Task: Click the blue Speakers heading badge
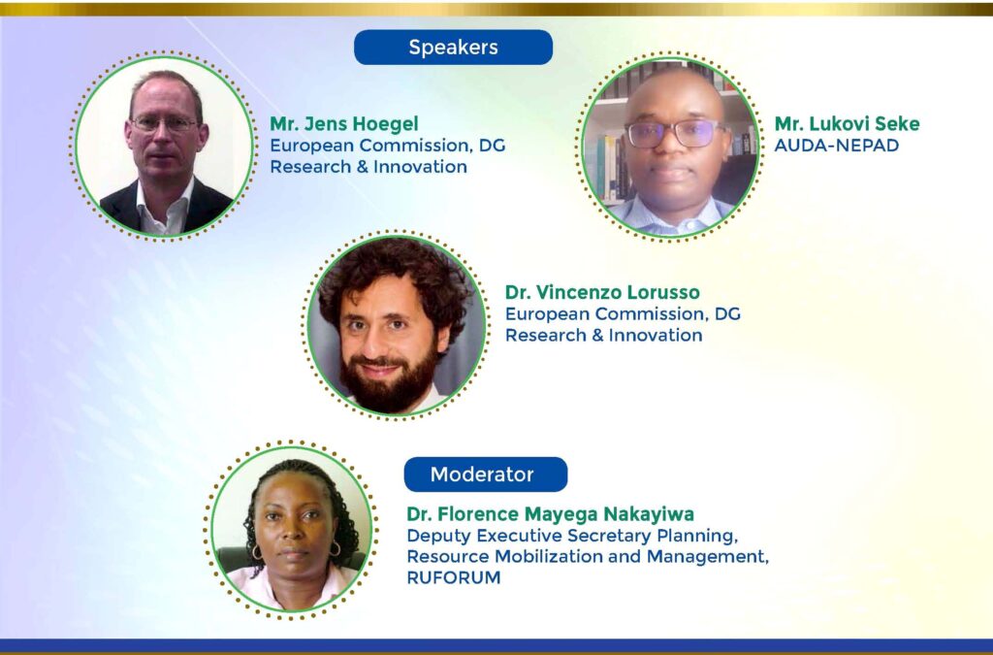(x=453, y=47)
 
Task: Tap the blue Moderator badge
(x=486, y=474)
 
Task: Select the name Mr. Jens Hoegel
(x=344, y=123)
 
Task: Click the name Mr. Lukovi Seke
(x=847, y=123)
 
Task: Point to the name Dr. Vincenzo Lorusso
(x=602, y=292)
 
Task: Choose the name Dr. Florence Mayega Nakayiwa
(x=551, y=513)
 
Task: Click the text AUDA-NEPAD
(x=837, y=145)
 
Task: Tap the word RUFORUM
(x=454, y=577)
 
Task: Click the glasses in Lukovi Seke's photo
(x=674, y=134)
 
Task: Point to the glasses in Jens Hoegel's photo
(x=165, y=123)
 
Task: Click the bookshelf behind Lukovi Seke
(x=609, y=158)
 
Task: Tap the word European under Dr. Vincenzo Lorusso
(x=547, y=314)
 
